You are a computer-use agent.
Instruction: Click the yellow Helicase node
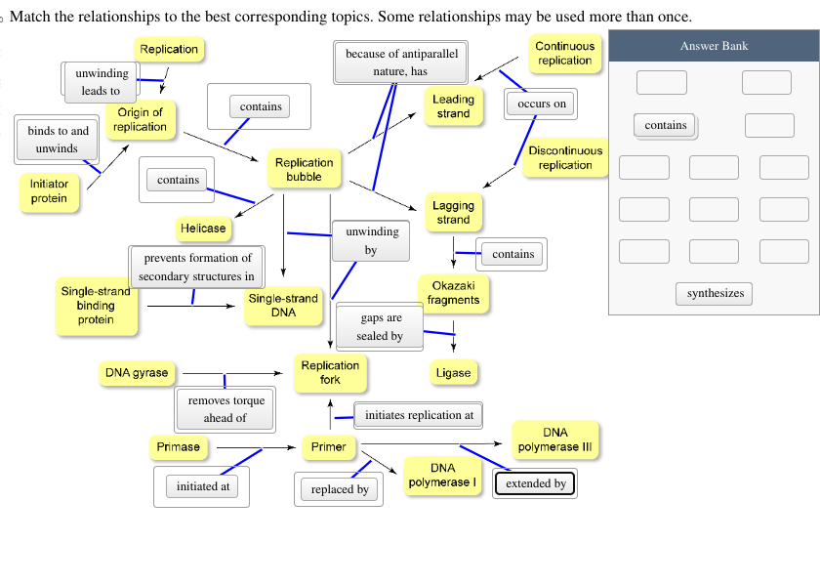coord(203,229)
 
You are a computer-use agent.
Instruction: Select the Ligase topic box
coord(453,372)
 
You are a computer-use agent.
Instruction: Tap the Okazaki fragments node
coord(453,292)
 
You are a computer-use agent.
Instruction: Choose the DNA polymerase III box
coord(554,439)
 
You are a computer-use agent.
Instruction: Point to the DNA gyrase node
coord(137,372)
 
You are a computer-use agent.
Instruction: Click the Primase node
coord(178,447)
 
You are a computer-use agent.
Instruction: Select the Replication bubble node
coord(304,170)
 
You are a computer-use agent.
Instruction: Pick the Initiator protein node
coord(49,191)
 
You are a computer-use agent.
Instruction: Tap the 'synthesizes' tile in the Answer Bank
coord(715,293)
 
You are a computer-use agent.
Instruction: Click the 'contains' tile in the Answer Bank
coord(666,125)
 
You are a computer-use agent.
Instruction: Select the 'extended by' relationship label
coord(535,483)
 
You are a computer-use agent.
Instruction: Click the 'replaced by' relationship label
coord(340,489)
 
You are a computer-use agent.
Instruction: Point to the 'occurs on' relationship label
coord(542,104)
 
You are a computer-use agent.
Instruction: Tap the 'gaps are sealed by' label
coord(380,327)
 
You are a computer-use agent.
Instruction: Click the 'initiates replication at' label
coord(419,415)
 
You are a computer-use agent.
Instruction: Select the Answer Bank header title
coord(714,46)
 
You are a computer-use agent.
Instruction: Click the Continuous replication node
coord(564,54)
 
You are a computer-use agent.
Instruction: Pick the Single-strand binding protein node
coord(96,306)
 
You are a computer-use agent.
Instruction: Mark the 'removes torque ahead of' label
coord(225,409)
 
